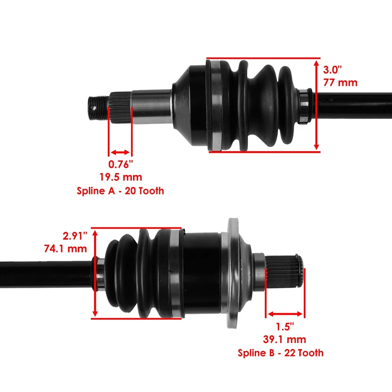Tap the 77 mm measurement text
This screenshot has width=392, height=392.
click(340, 82)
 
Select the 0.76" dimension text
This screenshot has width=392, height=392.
click(120, 165)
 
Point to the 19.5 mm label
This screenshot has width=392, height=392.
click(120, 177)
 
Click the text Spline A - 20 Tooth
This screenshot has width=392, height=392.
click(120, 191)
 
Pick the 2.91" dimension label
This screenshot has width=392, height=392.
click(75, 236)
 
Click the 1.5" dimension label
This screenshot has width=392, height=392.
click(285, 327)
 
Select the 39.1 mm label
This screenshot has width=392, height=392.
click(285, 339)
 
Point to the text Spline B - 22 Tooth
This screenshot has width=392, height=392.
click(281, 352)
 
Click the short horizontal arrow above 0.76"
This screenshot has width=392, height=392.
click(120, 152)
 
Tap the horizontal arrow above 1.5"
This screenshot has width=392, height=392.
click(285, 314)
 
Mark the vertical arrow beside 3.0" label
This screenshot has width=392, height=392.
click(317, 105)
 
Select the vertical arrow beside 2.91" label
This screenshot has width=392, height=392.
click(95, 273)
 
